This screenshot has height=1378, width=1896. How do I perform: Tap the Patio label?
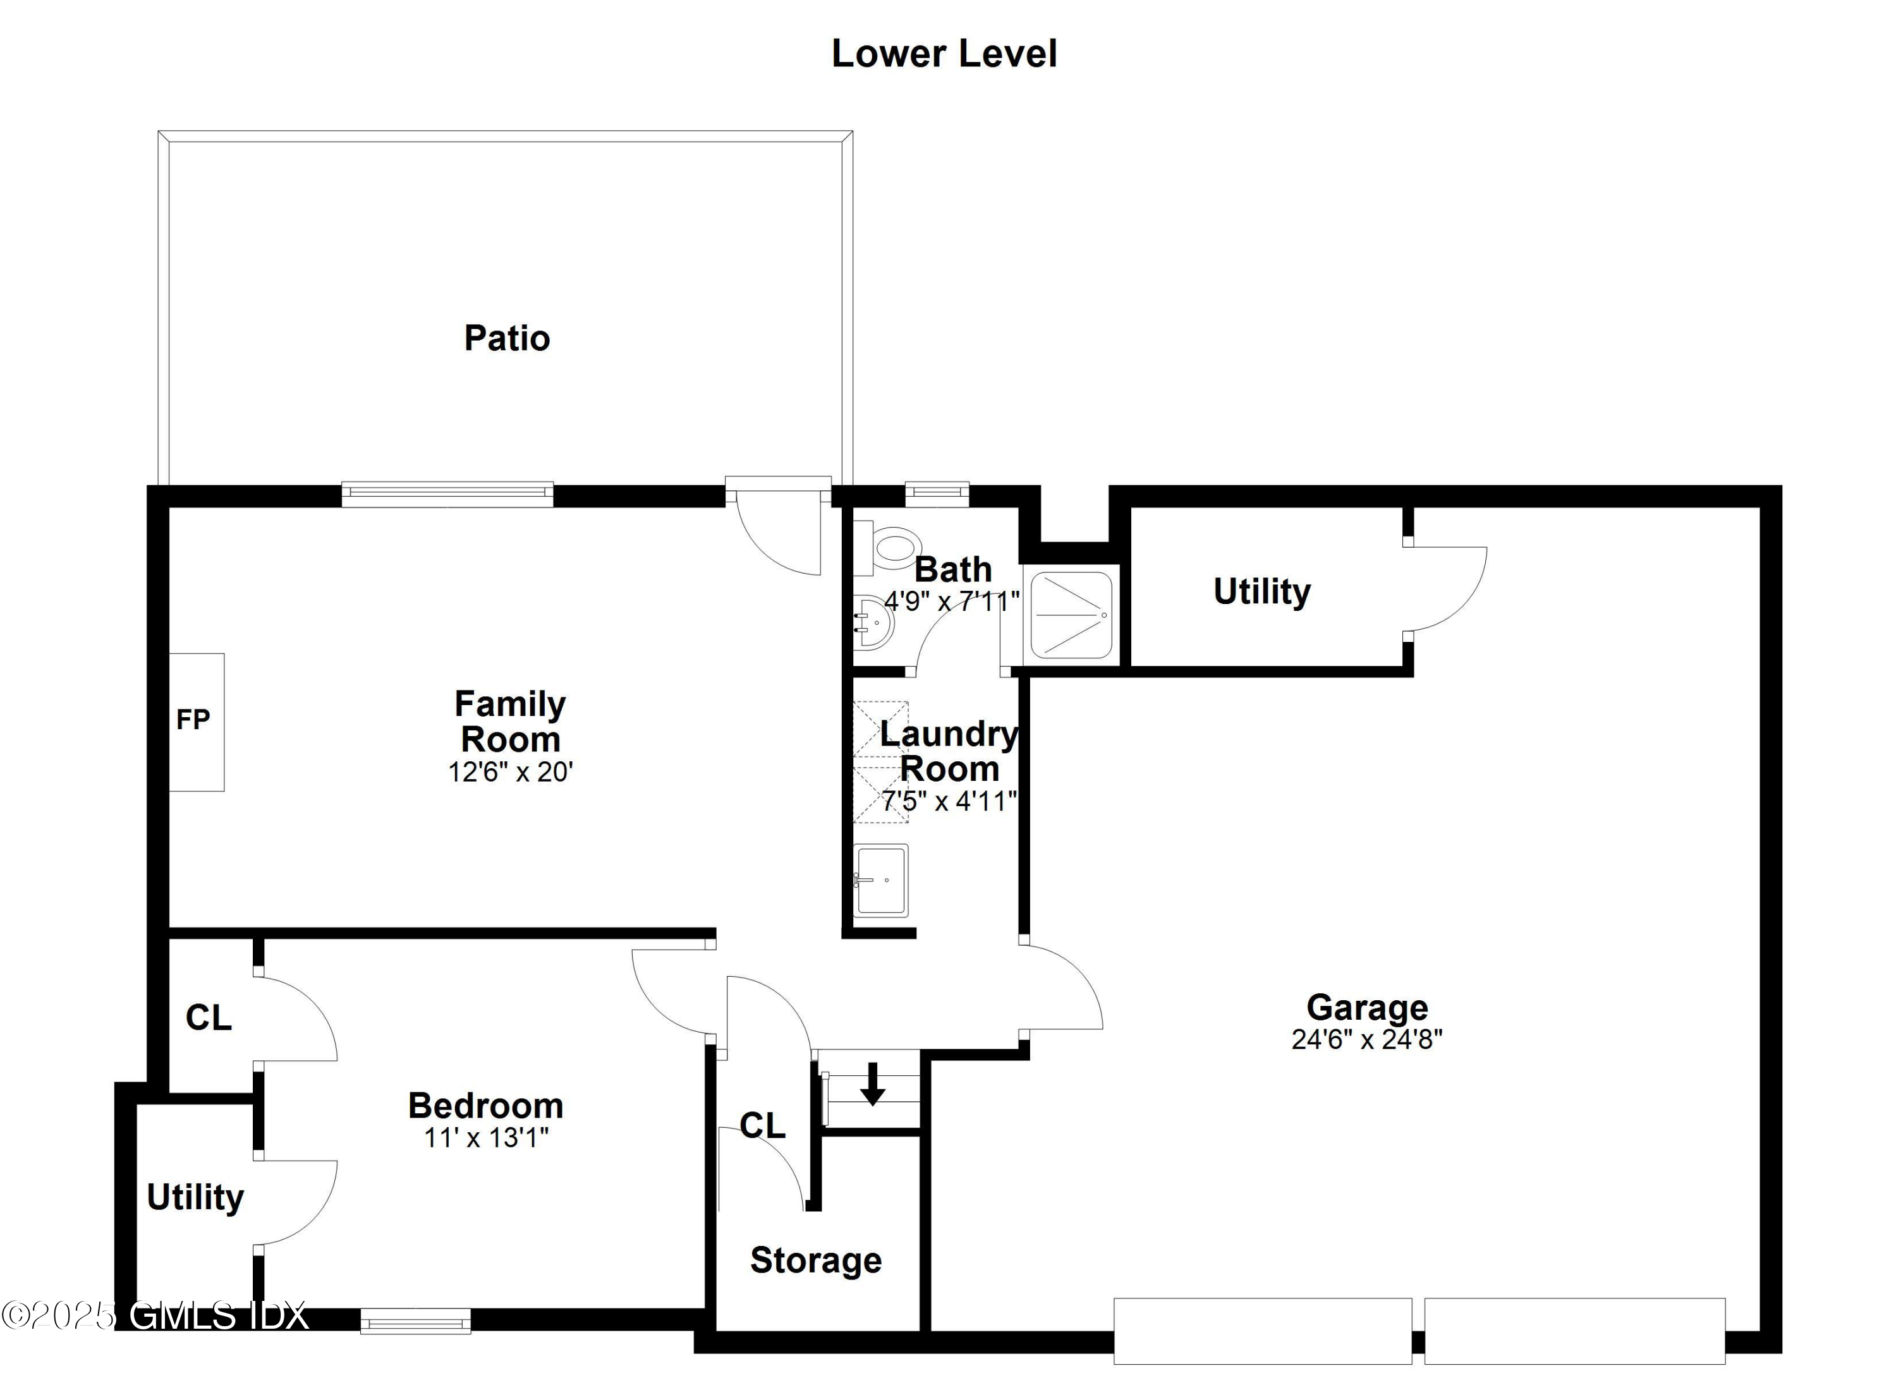(x=507, y=339)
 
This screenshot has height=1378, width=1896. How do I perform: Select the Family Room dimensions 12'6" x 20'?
(x=510, y=771)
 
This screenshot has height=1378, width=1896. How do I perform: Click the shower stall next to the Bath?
(x=1071, y=614)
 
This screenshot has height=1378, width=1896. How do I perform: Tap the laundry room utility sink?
(x=880, y=880)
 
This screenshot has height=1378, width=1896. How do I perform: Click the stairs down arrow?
(x=872, y=1084)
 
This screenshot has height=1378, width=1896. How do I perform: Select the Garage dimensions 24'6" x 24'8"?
(x=1367, y=1039)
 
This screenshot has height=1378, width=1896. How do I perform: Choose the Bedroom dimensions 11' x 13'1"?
(x=486, y=1137)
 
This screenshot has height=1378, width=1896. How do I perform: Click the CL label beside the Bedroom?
(x=208, y=1018)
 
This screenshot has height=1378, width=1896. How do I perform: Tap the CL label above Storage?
(x=762, y=1126)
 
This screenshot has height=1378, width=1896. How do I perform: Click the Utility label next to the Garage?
(x=1261, y=591)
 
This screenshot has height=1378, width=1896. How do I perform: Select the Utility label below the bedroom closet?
(x=195, y=1197)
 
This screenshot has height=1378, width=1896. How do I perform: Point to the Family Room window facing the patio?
(x=447, y=494)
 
